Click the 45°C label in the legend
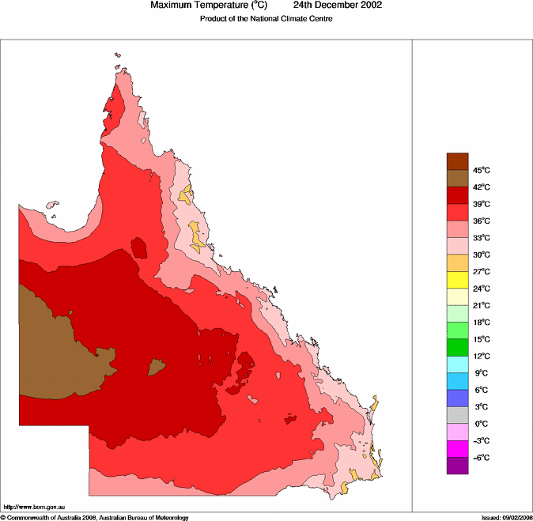[482, 171]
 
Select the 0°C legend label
[482, 424]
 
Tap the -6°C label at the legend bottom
[482, 458]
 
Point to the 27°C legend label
[482, 272]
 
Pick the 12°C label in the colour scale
[482, 357]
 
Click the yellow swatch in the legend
[458, 280]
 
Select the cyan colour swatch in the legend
[458, 364]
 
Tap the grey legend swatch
[458, 415]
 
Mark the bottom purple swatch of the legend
[458, 466]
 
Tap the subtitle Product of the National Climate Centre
[266, 19]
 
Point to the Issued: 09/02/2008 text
[506, 517]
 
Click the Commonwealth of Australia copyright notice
[95, 517]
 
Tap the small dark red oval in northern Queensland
[141, 247]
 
